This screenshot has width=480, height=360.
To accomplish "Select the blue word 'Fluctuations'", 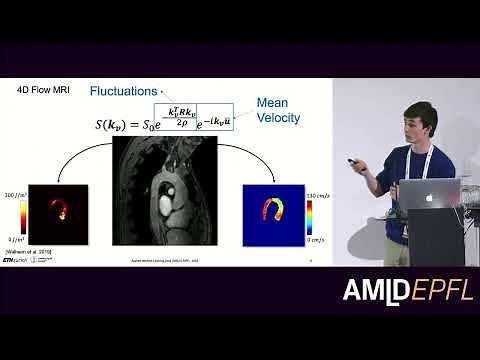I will (123, 92).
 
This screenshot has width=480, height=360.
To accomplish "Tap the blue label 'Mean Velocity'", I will (278, 110).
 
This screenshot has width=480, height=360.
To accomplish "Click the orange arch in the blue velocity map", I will (273, 209).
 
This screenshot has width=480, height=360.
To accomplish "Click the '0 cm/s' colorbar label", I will (320, 241).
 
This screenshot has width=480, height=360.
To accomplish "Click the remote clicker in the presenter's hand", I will (353, 160).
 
